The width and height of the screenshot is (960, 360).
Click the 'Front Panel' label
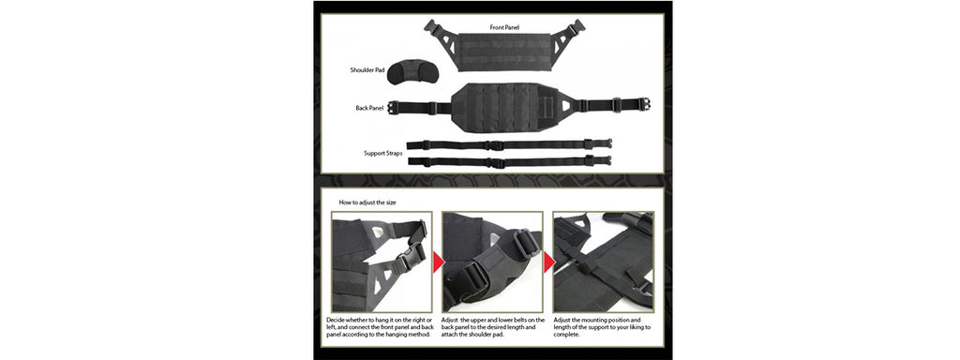504,27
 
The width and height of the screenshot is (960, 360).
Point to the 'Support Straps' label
382,153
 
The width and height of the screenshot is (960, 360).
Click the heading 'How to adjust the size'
367,202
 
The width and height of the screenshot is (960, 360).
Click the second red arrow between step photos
548,254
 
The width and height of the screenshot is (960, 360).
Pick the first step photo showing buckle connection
381,262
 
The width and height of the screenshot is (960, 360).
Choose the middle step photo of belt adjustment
491,262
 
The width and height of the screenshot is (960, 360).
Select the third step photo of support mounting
603,262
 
